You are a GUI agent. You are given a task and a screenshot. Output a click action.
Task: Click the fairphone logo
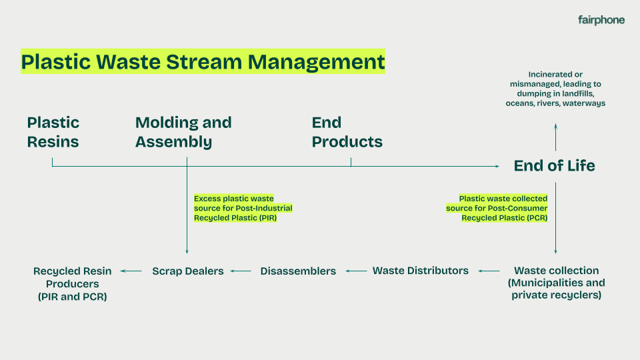tap(601, 20)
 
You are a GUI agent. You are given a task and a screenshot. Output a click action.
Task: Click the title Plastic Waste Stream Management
tap(203, 61)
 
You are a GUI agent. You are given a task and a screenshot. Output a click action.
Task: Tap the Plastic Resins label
tap(53, 132)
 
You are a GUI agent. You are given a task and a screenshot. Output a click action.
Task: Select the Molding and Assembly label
tap(183, 132)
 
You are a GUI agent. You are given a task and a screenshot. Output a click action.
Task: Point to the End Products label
tap(347, 132)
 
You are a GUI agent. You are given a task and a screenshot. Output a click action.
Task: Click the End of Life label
tap(554, 166)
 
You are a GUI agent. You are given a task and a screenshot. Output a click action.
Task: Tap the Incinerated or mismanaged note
tap(555, 89)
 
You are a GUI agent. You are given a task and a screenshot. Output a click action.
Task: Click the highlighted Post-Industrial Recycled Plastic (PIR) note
tap(243, 208)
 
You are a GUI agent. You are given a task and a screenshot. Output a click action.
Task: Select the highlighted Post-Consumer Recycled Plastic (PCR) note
tap(497, 208)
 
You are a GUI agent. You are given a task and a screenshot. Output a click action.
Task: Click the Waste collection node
tap(556, 282)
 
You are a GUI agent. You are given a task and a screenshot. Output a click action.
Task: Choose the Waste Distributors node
tap(420, 271)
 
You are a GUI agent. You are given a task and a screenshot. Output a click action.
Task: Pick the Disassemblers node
tap(298, 271)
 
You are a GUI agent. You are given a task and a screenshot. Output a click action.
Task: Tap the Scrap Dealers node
tap(187, 271)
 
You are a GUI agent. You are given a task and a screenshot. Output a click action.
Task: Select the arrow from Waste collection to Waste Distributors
tap(489, 271)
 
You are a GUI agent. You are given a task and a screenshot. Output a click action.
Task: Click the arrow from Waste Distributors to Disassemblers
tap(357, 271)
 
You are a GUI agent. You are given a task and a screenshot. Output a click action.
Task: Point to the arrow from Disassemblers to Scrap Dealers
tap(241, 271)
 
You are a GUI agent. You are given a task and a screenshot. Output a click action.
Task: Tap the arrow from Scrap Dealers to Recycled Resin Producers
tap(131, 271)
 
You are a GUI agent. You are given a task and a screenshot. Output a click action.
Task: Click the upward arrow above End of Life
tap(555, 137)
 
